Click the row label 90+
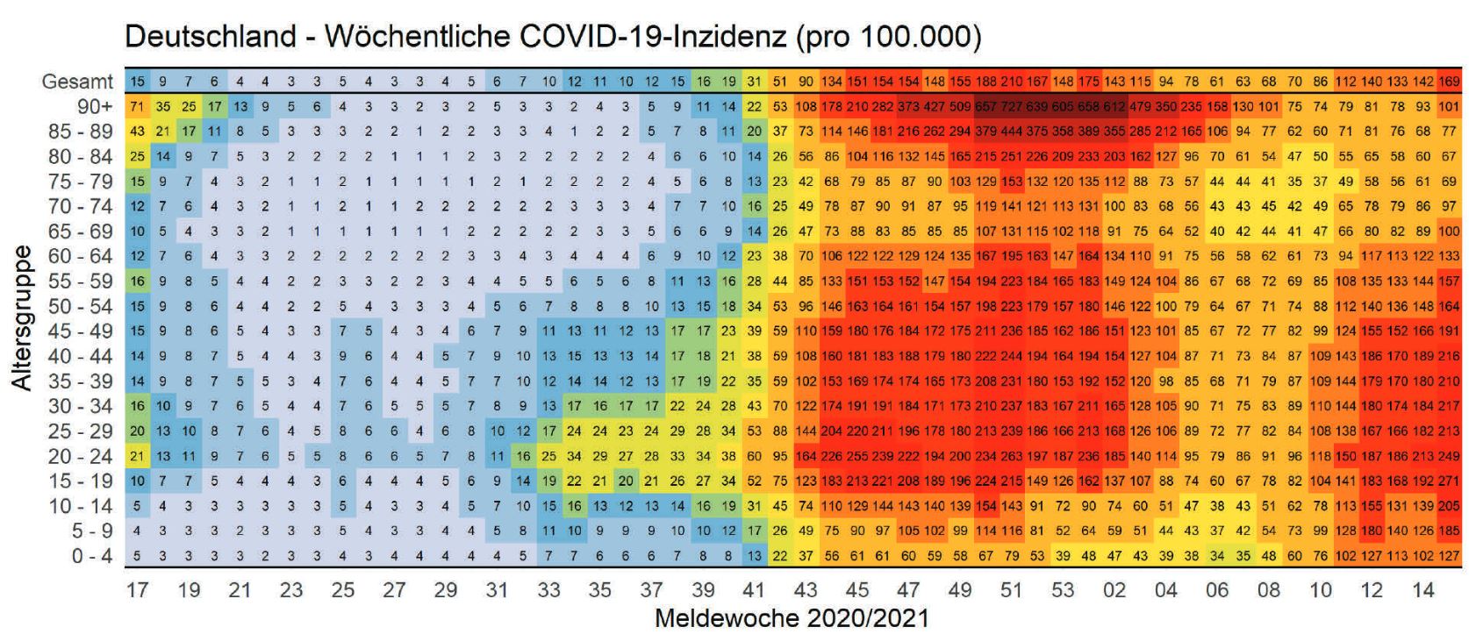[96, 107]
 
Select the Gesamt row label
[79, 82]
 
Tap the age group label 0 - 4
[91, 556]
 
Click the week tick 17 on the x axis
[137, 590]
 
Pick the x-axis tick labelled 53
[1063, 590]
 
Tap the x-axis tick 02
[1114, 590]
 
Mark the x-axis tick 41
[754, 590]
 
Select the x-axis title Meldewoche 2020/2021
[791, 618]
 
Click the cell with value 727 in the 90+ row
[1012, 107]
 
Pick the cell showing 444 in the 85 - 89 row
[1012, 132]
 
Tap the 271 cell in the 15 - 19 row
[1449, 481]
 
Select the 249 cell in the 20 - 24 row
[1449, 456]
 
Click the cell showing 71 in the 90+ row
[137, 107]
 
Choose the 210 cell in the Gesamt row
[1012, 82]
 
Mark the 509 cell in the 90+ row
[960, 107]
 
